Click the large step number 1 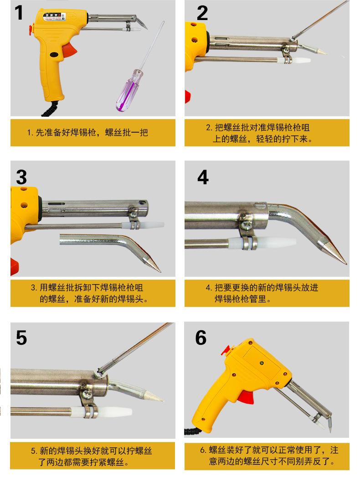(x=19, y=13)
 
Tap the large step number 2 (x=202, y=13)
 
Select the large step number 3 (x=21, y=177)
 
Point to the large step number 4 (x=203, y=177)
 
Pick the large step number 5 (x=21, y=338)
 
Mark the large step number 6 (x=201, y=338)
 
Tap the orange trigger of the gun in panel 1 (x=71, y=49)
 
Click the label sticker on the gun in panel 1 (x=54, y=17)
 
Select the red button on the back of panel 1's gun (x=31, y=29)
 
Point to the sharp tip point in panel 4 (x=346, y=264)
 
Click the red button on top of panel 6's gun (x=226, y=350)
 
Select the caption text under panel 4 (x=262, y=293)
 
